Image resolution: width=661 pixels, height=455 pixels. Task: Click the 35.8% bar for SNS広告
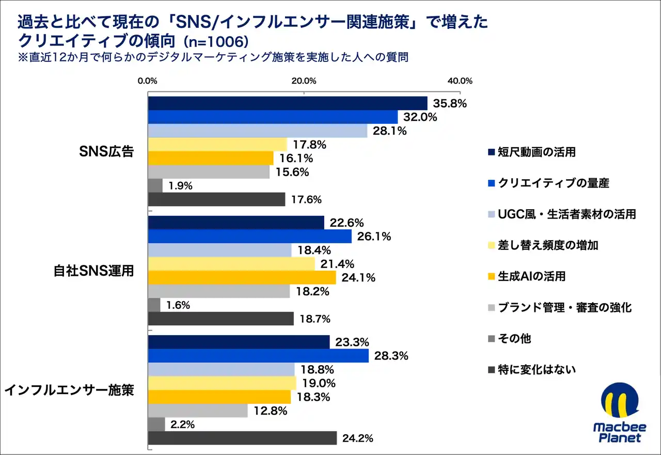(x=288, y=103)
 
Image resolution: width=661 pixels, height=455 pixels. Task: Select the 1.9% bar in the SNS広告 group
(x=155, y=185)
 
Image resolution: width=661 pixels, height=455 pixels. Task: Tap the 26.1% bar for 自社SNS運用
(x=250, y=237)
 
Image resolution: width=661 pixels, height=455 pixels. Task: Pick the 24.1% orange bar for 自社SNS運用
(x=242, y=277)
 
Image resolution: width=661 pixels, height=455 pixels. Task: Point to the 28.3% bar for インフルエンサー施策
(x=258, y=356)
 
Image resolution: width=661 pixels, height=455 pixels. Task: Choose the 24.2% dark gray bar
(x=242, y=438)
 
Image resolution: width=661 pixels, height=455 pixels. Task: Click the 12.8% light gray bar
(x=198, y=411)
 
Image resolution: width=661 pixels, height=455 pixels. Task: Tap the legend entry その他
(x=514, y=339)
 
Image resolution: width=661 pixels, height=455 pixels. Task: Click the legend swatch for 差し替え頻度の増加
(x=491, y=246)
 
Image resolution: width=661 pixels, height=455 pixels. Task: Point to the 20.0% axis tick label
(x=304, y=81)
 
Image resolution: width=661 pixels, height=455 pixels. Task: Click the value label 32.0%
(x=420, y=117)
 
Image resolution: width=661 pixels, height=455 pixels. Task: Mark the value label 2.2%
(x=183, y=425)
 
